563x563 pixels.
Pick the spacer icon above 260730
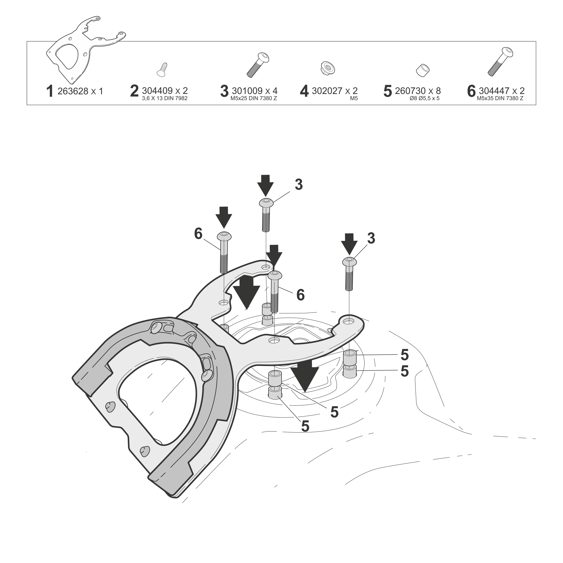point(423,70)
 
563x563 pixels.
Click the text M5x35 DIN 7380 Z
point(500,99)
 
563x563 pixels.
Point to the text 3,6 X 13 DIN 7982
point(165,99)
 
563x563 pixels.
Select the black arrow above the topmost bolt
point(265,185)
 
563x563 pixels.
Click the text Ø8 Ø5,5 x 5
point(424,99)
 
